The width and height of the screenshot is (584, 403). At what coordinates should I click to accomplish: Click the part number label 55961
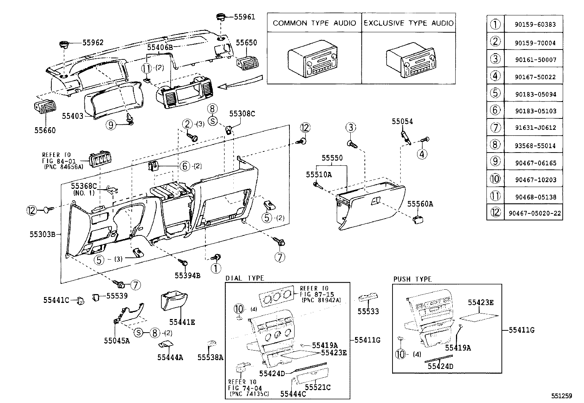(244, 17)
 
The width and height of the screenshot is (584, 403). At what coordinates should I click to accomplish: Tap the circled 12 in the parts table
(495, 213)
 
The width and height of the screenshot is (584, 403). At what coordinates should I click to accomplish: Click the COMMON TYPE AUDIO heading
(314, 23)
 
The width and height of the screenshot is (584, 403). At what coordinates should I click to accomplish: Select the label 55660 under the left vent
(45, 130)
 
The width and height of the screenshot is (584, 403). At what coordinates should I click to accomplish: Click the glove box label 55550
(332, 158)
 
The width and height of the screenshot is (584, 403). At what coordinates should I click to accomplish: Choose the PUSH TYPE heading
(412, 279)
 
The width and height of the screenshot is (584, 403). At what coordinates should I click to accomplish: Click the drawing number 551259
(561, 396)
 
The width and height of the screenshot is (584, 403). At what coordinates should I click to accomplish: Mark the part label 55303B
(43, 234)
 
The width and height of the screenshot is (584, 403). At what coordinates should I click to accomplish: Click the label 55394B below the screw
(187, 275)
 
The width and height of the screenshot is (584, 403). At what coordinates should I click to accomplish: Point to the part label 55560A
(420, 204)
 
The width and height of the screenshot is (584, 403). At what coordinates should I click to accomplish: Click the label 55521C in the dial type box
(318, 387)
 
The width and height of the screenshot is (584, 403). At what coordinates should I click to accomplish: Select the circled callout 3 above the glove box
(351, 127)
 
